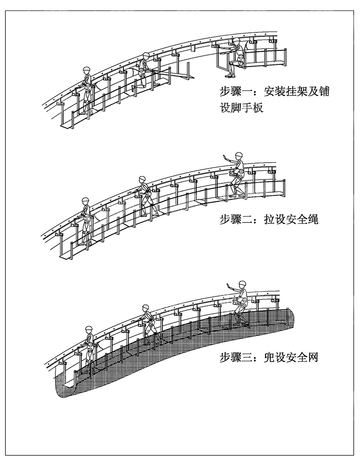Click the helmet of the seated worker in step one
(x=237, y=41)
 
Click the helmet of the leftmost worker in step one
(x=87, y=70)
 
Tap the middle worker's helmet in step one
(x=146, y=56)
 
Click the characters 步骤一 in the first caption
(x=233, y=93)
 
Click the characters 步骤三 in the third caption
(x=233, y=359)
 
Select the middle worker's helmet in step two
(x=143, y=179)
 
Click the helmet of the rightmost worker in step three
(x=243, y=284)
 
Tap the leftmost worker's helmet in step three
(x=89, y=328)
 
